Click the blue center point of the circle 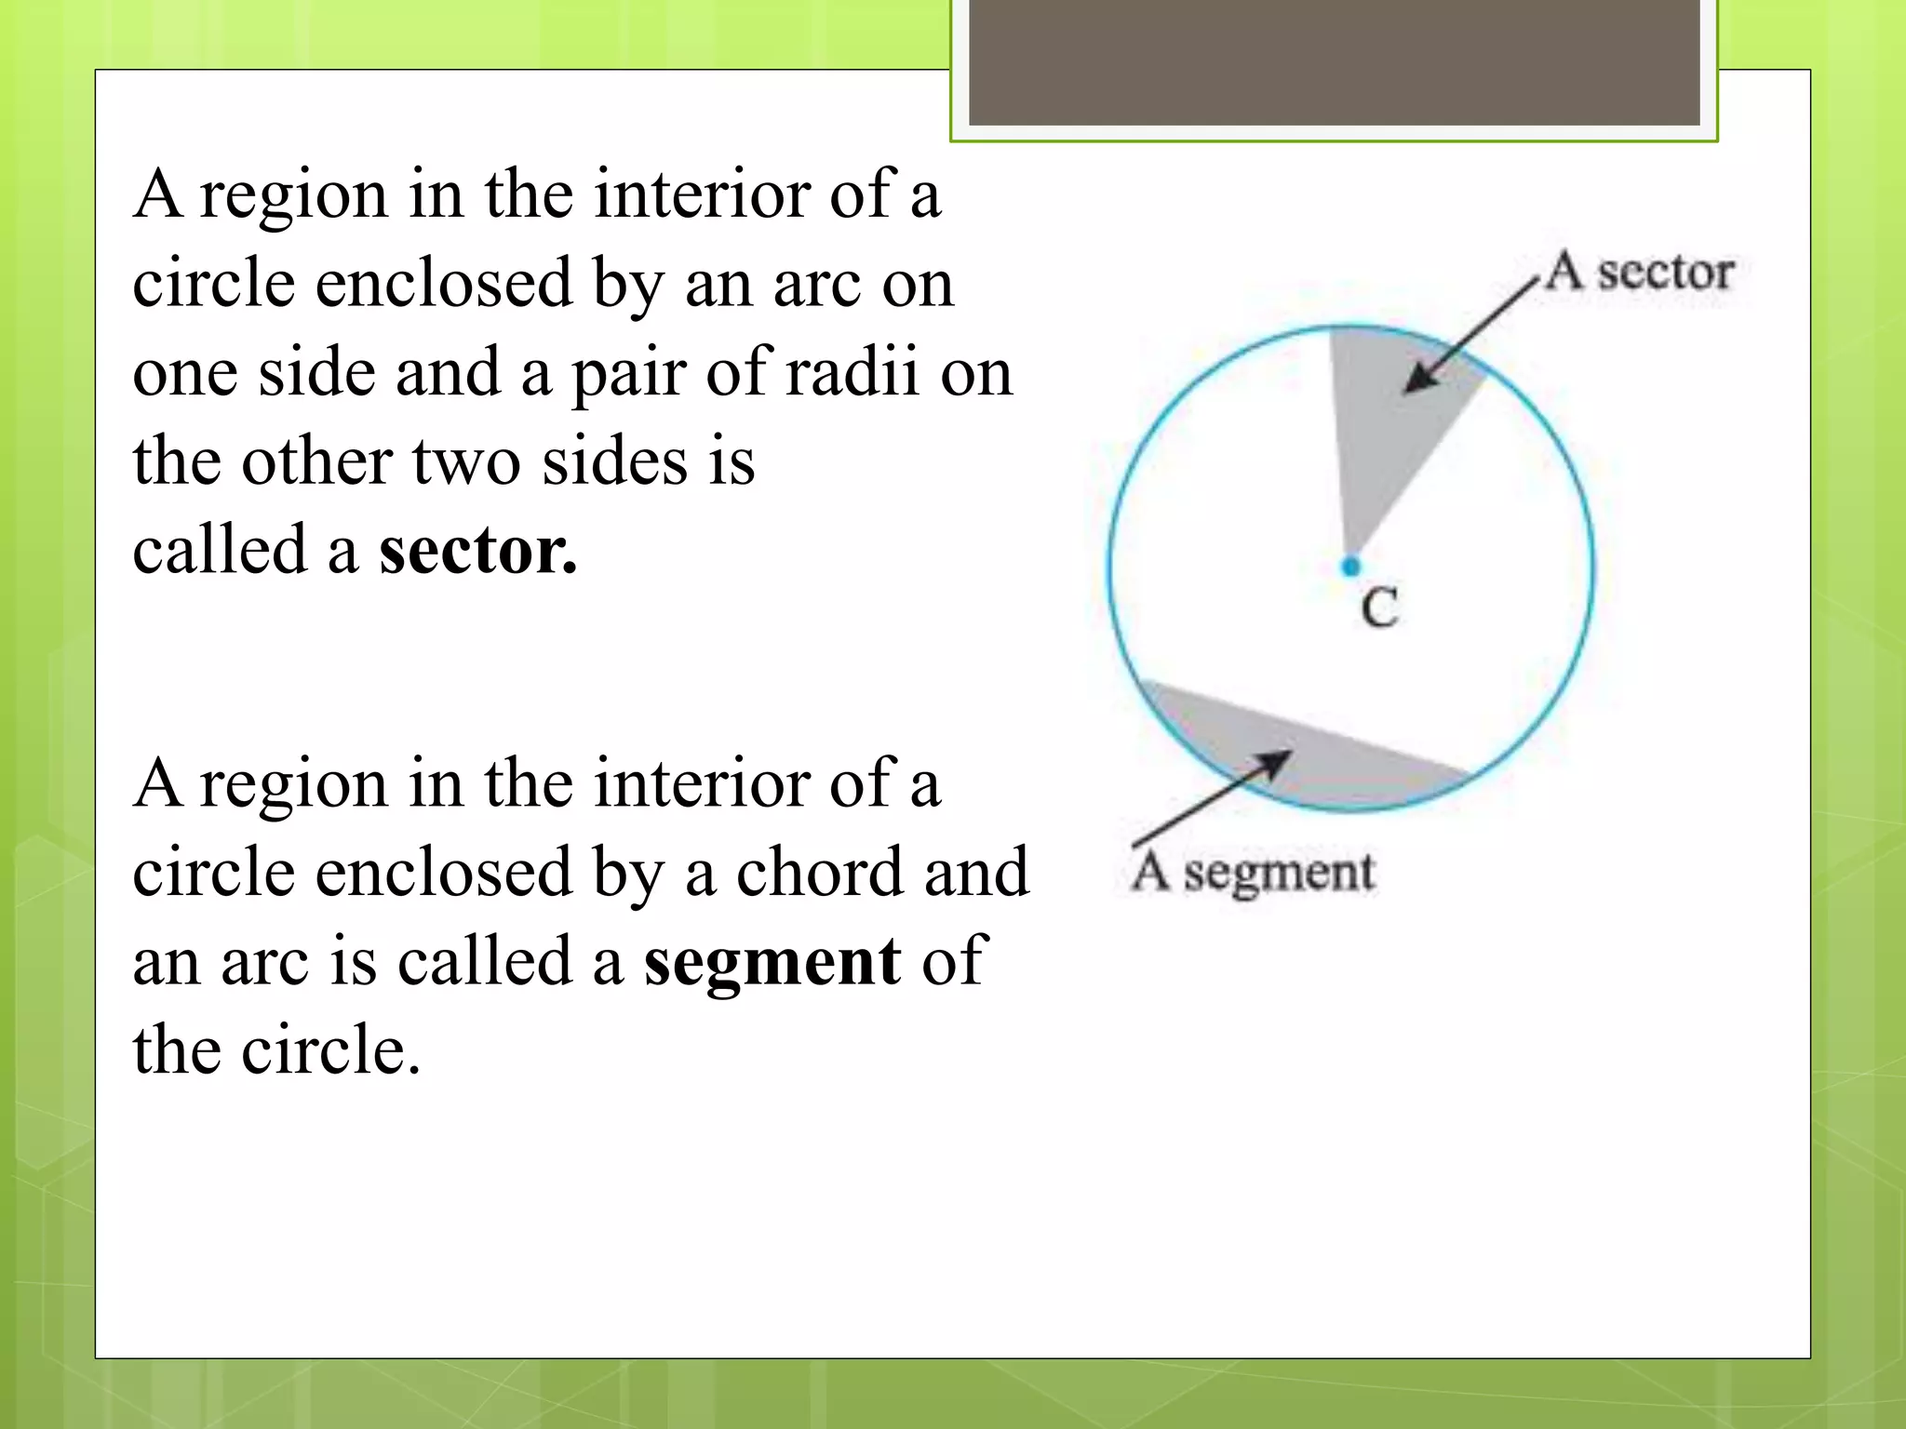1351,566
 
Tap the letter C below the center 1379,609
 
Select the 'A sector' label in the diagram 1640,273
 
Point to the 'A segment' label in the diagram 1253,873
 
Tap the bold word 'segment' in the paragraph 772,961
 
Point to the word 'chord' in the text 819,872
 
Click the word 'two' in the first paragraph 466,461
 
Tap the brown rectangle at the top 1334,61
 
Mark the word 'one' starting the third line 184,372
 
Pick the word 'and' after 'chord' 977,872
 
